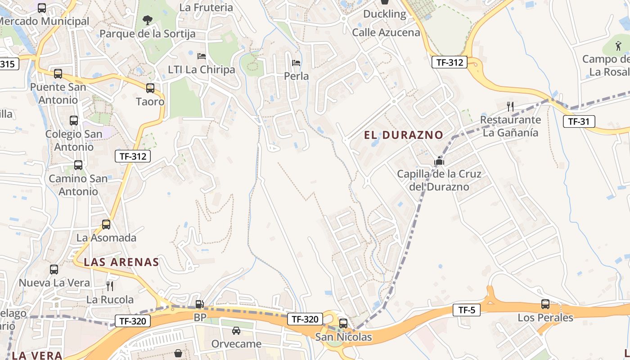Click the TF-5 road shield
(466, 310)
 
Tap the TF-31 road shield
(579, 121)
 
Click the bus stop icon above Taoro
(150, 88)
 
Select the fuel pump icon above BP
(199, 304)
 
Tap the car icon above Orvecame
(236, 331)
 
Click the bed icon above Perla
(296, 63)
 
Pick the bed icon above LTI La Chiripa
(202, 56)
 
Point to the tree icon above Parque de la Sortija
(147, 20)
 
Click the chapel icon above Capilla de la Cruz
(439, 161)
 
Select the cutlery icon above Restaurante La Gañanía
(510, 107)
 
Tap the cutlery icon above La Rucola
(110, 286)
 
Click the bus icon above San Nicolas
(343, 323)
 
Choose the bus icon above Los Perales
(545, 304)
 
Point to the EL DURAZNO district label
(404, 135)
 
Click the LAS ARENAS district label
(121, 262)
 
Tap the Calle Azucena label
(386, 32)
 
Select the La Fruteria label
(206, 7)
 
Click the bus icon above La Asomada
(106, 224)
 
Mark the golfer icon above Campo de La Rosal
(619, 45)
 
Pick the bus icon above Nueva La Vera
(54, 270)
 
